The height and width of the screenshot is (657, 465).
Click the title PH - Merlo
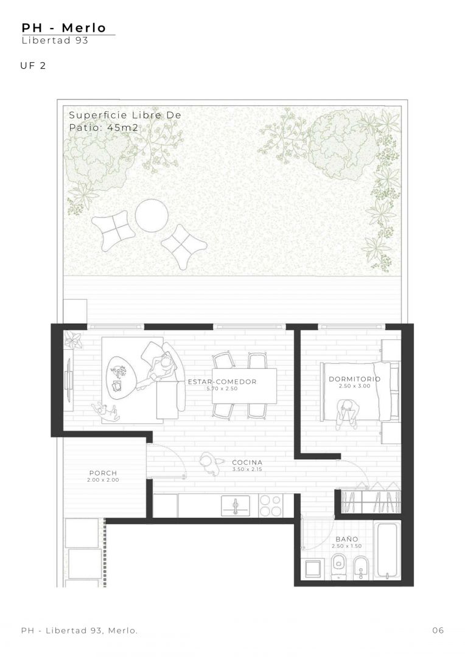(x=64, y=28)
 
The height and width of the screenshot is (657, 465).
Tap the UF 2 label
(x=33, y=65)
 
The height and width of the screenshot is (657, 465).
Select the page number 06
(x=438, y=630)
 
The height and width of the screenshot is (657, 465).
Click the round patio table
(x=152, y=215)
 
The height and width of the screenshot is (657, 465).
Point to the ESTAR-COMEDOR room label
(x=222, y=381)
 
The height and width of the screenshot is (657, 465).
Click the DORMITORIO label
(x=355, y=379)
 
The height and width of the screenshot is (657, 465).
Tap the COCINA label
(x=247, y=462)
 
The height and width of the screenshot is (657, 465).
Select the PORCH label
(x=103, y=473)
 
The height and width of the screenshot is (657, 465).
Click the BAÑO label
(x=347, y=539)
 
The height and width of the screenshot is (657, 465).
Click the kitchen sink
(x=235, y=506)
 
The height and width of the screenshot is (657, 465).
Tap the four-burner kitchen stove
(x=270, y=506)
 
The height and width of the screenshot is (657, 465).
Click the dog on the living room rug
(x=107, y=411)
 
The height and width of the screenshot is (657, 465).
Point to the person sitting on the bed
(x=347, y=414)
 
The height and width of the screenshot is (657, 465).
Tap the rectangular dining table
(x=245, y=386)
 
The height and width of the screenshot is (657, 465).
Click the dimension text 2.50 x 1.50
(x=347, y=546)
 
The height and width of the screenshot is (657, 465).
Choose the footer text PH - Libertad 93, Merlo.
(x=79, y=630)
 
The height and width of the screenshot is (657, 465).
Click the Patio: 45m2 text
(x=103, y=128)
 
